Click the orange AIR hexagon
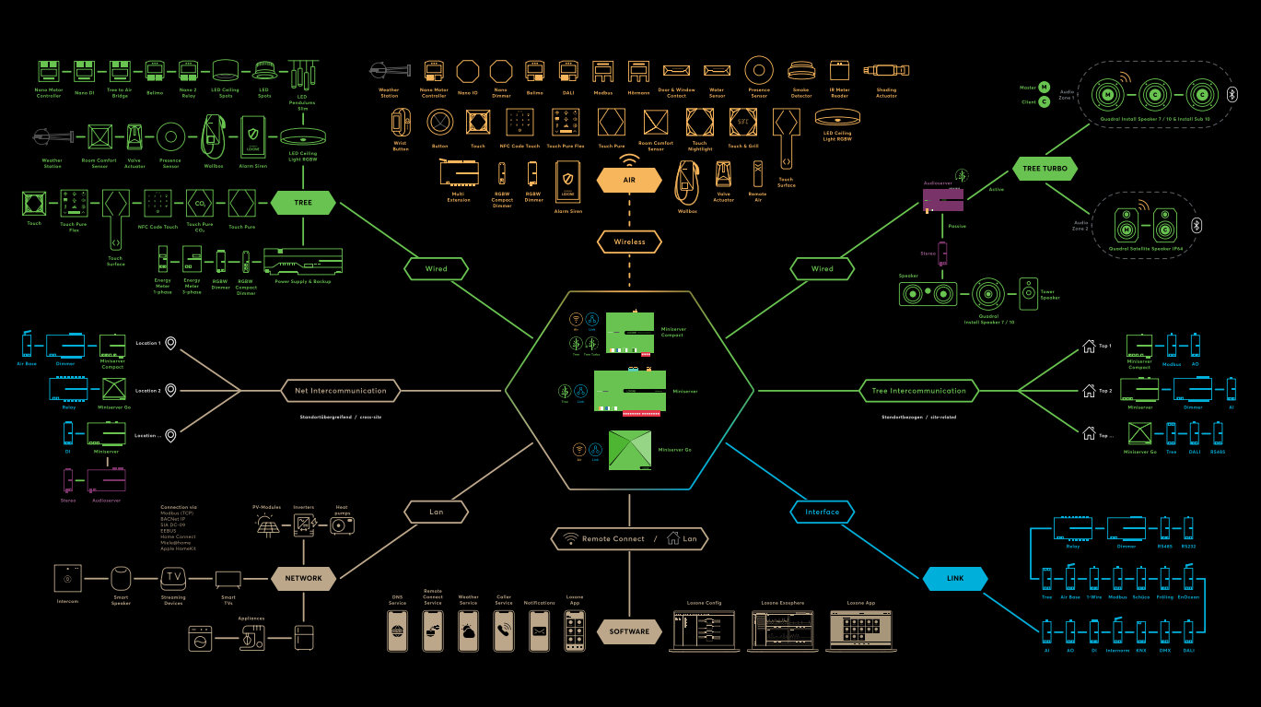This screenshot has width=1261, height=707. point(630,180)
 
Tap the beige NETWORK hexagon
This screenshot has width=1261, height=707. point(304,578)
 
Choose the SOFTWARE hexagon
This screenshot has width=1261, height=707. point(630,631)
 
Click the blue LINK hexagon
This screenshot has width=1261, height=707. point(955,578)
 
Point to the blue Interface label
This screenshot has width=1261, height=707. point(823,512)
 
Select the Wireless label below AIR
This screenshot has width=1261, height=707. point(630,242)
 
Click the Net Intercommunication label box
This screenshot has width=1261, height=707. point(341,391)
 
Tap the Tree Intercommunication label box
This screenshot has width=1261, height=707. point(918,391)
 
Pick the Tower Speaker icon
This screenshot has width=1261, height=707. point(1028,294)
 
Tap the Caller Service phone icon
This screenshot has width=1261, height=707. point(504,630)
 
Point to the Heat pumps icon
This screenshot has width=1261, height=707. point(342,524)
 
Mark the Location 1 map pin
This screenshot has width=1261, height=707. point(170,344)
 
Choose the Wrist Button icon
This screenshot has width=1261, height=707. point(400,122)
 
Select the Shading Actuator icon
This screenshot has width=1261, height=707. point(886,69)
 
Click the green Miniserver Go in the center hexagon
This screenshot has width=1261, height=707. point(630,451)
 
